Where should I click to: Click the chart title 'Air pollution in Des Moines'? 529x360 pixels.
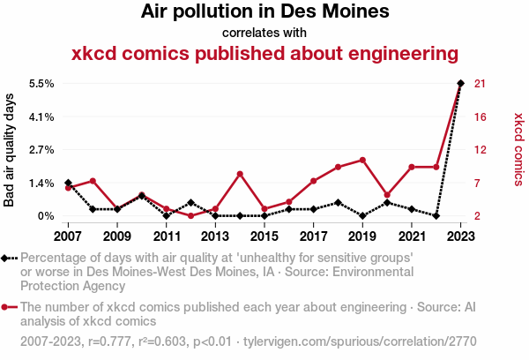click(264, 12)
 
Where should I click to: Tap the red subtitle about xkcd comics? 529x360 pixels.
click(264, 54)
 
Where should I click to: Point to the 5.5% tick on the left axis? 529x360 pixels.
click(42, 84)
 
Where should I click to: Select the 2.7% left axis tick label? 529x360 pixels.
click(42, 150)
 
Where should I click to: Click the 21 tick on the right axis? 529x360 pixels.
click(482, 84)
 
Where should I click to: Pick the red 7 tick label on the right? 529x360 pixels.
click(479, 183)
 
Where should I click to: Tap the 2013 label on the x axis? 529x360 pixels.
click(215, 236)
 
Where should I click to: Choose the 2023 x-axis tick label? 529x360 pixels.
click(461, 236)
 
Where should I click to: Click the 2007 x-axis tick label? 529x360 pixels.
click(68, 236)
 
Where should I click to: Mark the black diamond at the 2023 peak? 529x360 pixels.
click(461, 83)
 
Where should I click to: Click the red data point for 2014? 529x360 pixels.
click(240, 174)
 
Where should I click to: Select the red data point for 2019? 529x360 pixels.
click(362, 160)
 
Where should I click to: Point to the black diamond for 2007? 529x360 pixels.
click(68, 183)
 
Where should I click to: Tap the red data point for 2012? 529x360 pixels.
click(190, 215)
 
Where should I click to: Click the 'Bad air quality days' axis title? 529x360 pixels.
click(10, 150)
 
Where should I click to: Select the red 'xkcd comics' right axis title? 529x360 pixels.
click(518, 149)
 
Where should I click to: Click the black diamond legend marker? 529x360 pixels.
click(8, 258)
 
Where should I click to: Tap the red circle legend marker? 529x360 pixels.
click(8, 308)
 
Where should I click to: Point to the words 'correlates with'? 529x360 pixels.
click(264, 34)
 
